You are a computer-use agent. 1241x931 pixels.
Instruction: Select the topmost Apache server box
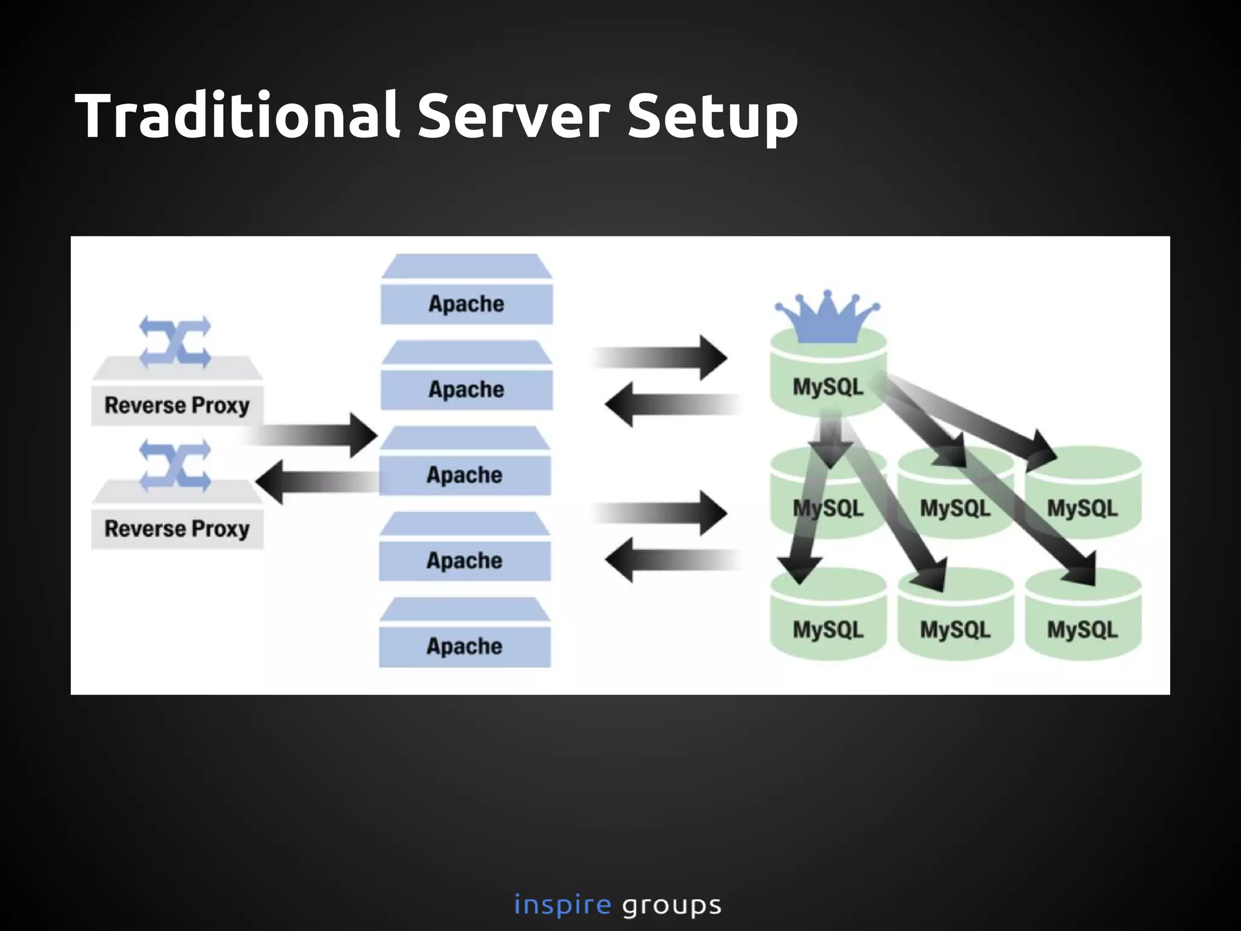(x=466, y=302)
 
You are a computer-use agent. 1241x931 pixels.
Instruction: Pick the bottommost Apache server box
(x=464, y=645)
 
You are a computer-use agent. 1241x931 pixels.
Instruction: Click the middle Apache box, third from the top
(x=464, y=474)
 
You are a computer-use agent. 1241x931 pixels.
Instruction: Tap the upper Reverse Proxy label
(x=176, y=405)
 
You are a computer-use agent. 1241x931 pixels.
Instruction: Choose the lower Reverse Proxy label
(x=176, y=528)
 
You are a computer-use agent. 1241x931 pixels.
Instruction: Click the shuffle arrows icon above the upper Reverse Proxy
(x=175, y=342)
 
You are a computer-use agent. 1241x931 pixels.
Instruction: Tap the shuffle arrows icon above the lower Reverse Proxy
(x=175, y=465)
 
